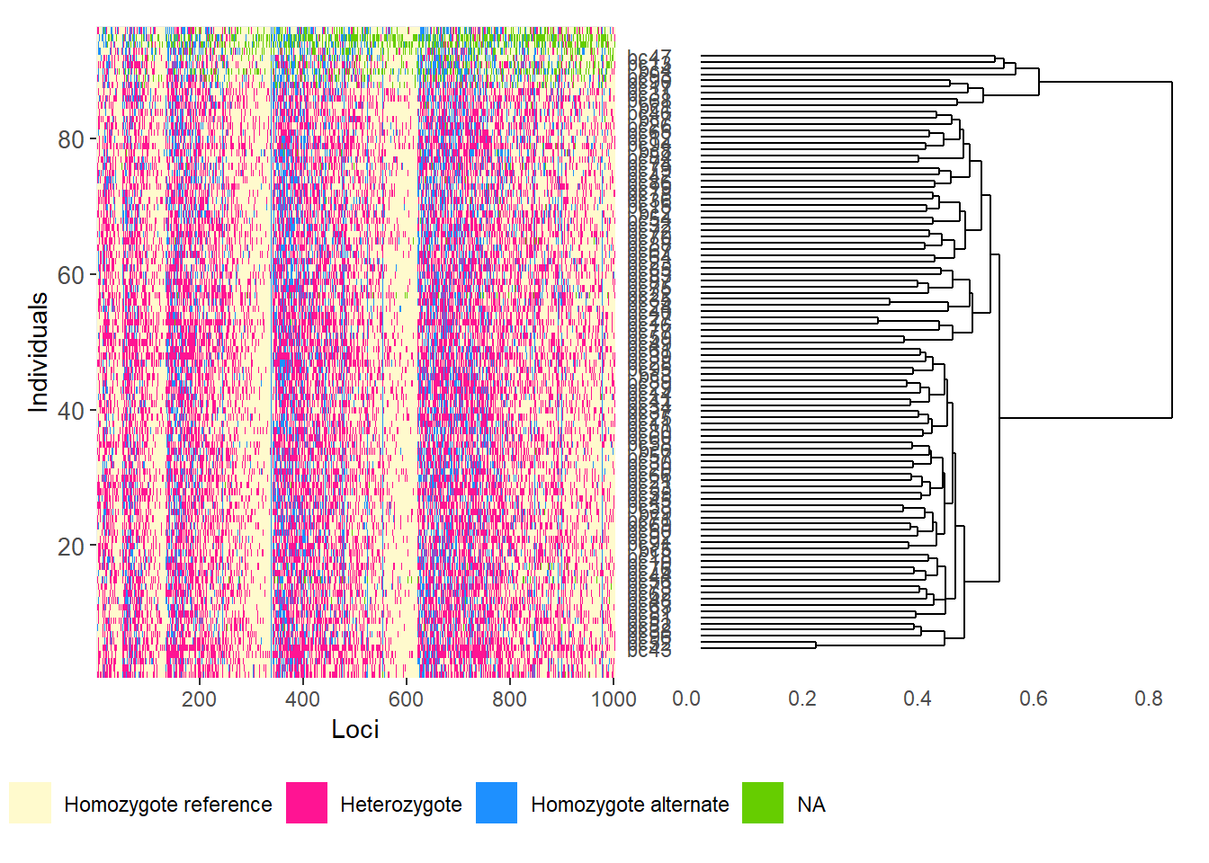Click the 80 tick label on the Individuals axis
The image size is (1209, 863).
[x=70, y=140]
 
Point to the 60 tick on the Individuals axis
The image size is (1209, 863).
[x=70, y=276]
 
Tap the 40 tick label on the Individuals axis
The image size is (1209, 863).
[x=70, y=412]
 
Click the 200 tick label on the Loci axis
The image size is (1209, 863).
[x=199, y=699]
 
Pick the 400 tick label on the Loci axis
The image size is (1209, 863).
[x=302, y=699]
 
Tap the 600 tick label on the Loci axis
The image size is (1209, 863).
[x=406, y=699]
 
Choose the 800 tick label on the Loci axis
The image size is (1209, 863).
[x=509, y=699]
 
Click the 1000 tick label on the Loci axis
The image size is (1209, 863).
[x=613, y=699]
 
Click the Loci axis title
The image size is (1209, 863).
[x=355, y=729]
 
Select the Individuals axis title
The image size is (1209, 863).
[x=38, y=352]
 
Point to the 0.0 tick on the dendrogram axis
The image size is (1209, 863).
[x=686, y=699]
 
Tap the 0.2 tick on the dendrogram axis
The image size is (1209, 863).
[x=802, y=699]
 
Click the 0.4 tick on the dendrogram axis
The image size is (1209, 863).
[x=918, y=699]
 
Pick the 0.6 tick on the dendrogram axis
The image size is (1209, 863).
[x=1034, y=699]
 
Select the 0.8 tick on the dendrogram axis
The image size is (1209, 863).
[x=1149, y=699]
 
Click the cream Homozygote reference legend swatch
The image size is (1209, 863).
[x=30, y=803]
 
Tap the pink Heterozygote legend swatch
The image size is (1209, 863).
[x=307, y=803]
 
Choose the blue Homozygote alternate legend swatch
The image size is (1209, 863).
[x=497, y=803]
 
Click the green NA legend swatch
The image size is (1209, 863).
[x=763, y=803]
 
